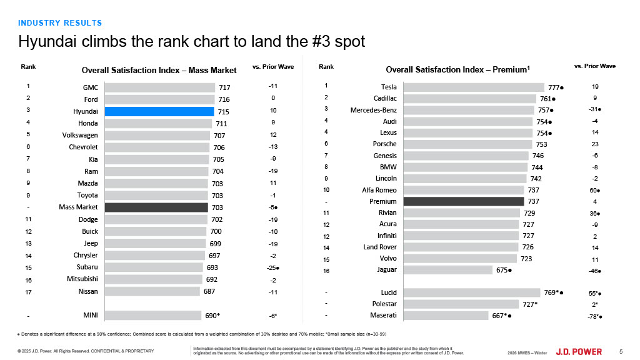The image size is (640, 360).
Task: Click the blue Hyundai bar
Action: click(x=159, y=111)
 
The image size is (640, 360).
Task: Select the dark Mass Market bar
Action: click(x=156, y=207)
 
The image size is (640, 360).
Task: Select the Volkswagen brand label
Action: click(x=80, y=135)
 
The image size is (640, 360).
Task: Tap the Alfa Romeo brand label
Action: click(x=379, y=190)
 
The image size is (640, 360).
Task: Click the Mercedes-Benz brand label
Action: click(x=374, y=110)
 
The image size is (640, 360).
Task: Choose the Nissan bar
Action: click(x=152, y=291)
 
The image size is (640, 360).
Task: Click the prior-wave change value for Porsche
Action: click(x=594, y=144)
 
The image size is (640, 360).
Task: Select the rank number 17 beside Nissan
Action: click(x=29, y=291)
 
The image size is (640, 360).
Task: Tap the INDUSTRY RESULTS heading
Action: click(x=60, y=23)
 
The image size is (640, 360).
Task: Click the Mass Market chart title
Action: click(x=159, y=69)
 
